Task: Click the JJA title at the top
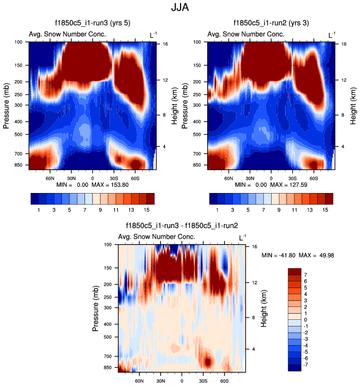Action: point(180,8)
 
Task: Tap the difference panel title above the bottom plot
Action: point(182,226)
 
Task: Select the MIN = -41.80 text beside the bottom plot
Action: point(278,255)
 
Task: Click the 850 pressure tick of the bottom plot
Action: point(109,368)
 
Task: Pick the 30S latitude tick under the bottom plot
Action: point(203,382)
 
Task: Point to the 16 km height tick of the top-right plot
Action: point(344,44)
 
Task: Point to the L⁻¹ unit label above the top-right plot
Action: point(332,35)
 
